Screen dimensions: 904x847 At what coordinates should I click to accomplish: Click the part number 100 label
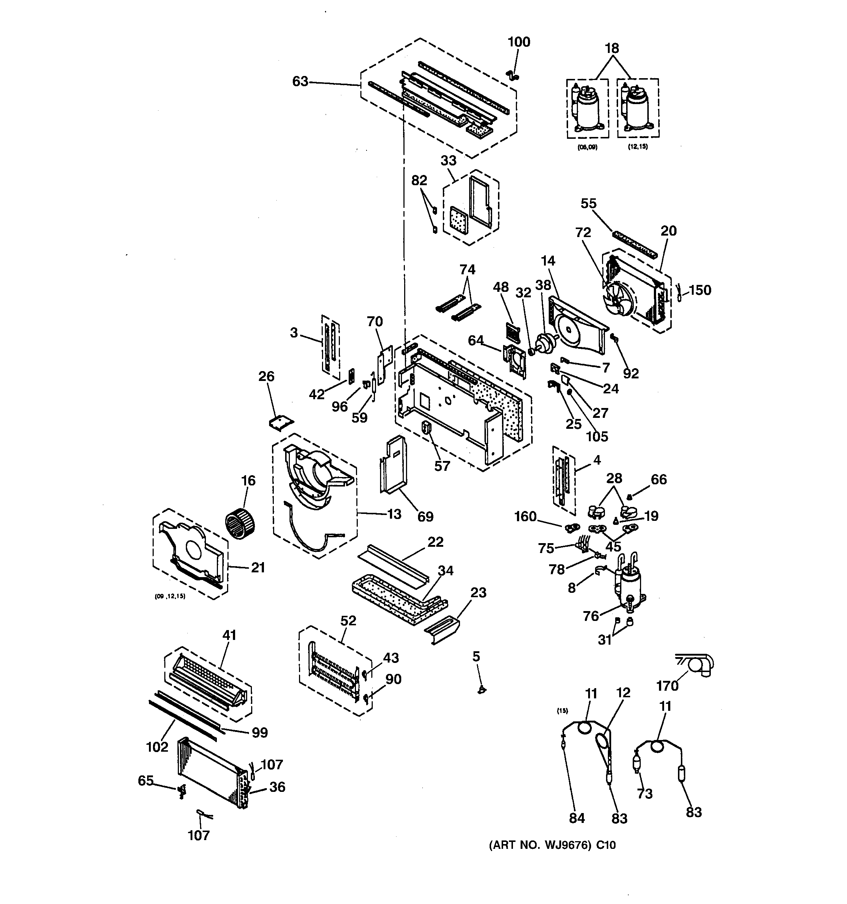[x=519, y=42]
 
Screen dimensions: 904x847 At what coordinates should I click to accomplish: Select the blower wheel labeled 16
[x=241, y=524]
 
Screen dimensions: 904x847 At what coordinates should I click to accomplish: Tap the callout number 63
[x=300, y=81]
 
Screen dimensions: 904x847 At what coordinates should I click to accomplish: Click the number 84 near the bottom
[x=577, y=819]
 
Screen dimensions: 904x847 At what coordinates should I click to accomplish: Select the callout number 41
[x=229, y=635]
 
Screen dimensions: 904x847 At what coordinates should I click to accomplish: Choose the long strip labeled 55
[x=636, y=243]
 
